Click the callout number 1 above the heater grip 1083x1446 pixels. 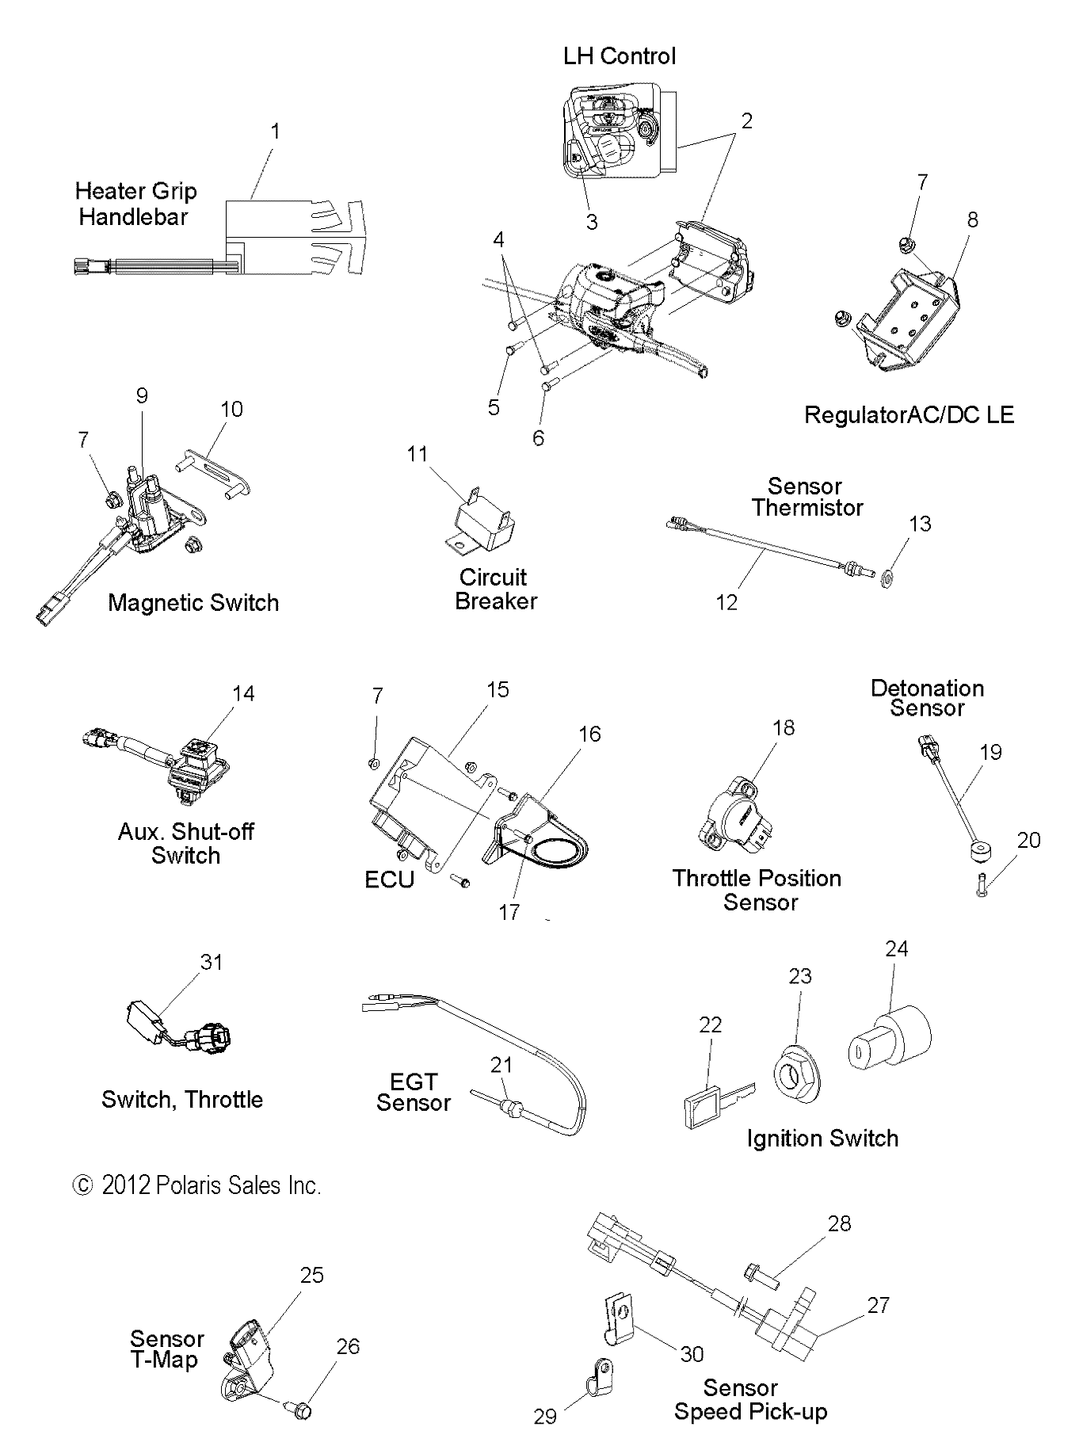tap(275, 132)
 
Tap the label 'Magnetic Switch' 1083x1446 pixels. tap(193, 603)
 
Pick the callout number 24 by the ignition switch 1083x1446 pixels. tap(896, 948)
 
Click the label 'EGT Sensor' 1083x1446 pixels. tap(413, 1093)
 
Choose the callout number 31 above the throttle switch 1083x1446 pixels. tap(211, 962)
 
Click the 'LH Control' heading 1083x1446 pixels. tap(619, 56)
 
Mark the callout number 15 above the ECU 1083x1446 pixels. tap(497, 690)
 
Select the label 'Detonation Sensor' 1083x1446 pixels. tap(927, 698)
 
